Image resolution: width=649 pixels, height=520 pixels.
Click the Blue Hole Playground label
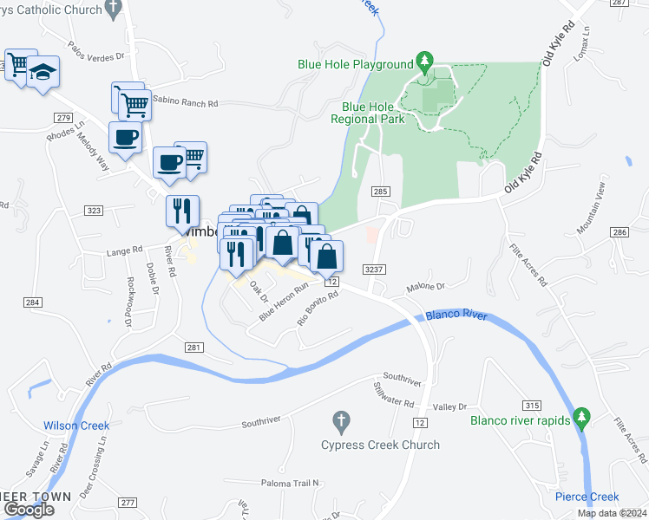355,64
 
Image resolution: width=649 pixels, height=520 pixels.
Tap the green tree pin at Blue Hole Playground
424,62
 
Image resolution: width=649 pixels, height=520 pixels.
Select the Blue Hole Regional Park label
367,113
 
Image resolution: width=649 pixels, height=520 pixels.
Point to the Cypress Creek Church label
380,445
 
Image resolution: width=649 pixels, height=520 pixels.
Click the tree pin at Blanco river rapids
581,418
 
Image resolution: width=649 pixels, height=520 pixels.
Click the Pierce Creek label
587,497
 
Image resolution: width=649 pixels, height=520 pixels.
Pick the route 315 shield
532,405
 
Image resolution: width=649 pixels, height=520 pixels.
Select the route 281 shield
194,348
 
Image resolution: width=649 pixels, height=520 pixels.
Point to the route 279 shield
61,118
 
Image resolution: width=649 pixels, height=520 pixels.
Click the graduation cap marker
42,73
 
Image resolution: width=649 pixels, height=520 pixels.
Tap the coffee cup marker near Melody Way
124,137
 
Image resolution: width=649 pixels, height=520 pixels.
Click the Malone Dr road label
426,286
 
